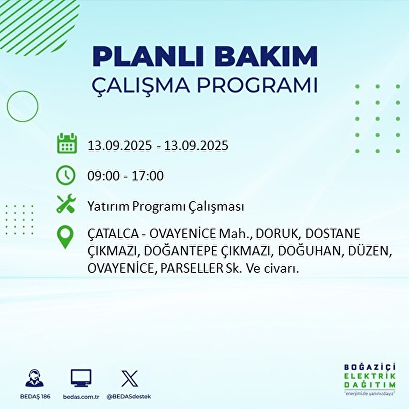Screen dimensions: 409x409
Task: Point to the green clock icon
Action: point(65,175)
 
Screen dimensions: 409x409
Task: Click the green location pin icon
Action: point(65,237)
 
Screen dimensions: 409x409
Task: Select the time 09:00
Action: point(104,176)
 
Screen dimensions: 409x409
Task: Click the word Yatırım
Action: point(108,207)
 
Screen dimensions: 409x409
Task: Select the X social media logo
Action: point(130,378)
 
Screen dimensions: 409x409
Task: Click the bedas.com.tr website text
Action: point(81,397)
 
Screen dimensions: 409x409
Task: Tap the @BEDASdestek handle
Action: point(129,397)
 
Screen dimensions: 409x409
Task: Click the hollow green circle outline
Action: point(22,106)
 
